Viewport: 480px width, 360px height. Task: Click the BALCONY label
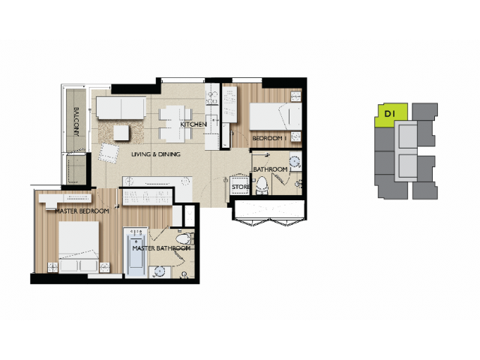(76, 121)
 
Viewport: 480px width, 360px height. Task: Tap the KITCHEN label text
(193, 124)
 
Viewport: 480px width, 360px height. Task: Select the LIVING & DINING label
(156, 154)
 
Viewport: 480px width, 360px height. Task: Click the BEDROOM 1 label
(269, 138)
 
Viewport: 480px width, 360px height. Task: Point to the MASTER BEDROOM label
(82, 211)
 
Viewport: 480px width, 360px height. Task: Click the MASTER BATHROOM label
(161, 248)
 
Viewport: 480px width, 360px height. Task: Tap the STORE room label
(241, 187)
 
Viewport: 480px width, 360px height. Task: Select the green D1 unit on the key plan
(391, 115)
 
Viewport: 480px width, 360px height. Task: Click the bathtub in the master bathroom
(136, 252)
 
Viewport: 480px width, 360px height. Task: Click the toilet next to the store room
(262, 185)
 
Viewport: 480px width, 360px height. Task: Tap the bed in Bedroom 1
(276, 116)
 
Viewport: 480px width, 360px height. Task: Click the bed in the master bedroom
(79, 247)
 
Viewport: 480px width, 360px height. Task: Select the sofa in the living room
(121, 108)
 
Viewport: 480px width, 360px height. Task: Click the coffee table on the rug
(121, 133)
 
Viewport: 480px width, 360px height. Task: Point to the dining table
(175, 124)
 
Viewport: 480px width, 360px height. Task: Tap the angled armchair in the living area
(109, 153)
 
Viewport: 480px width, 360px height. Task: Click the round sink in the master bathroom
(160, 271)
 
